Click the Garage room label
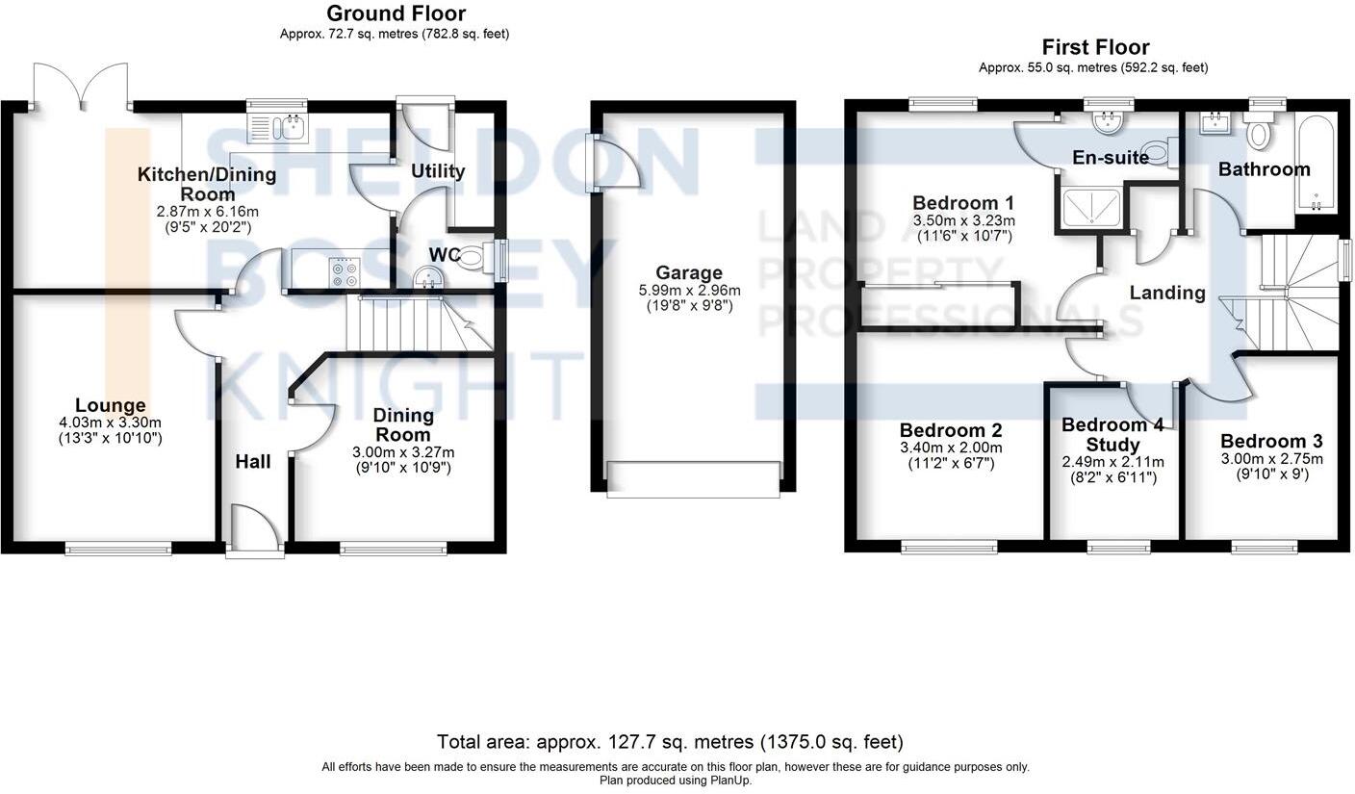(x=688, y=273)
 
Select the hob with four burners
(x=345, y=272)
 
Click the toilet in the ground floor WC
(x=471, y=258)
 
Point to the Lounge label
(x=111, y=406)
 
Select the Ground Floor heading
(x=396, y=13)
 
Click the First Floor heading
(x=1095, y=47)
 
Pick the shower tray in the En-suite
(x=1092, y=206)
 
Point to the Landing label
(x=1167, y=293)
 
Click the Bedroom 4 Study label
(x=1112, y=434)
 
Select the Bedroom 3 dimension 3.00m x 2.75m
(x=1271, y=459)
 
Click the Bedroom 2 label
(x=951, y=430)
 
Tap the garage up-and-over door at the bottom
(x=693, y=478)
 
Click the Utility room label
(x=438, y=171)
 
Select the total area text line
(x=670, y=742)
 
